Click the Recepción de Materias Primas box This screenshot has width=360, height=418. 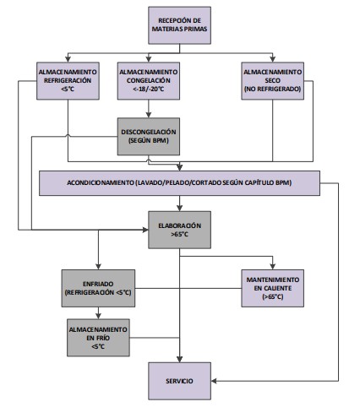pyautogui.click(x=178, y=26)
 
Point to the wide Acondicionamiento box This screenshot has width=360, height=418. pyautogui.click(x=180, y=182)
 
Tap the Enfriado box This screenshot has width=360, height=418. pyautogui.click(x=99, y=285)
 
